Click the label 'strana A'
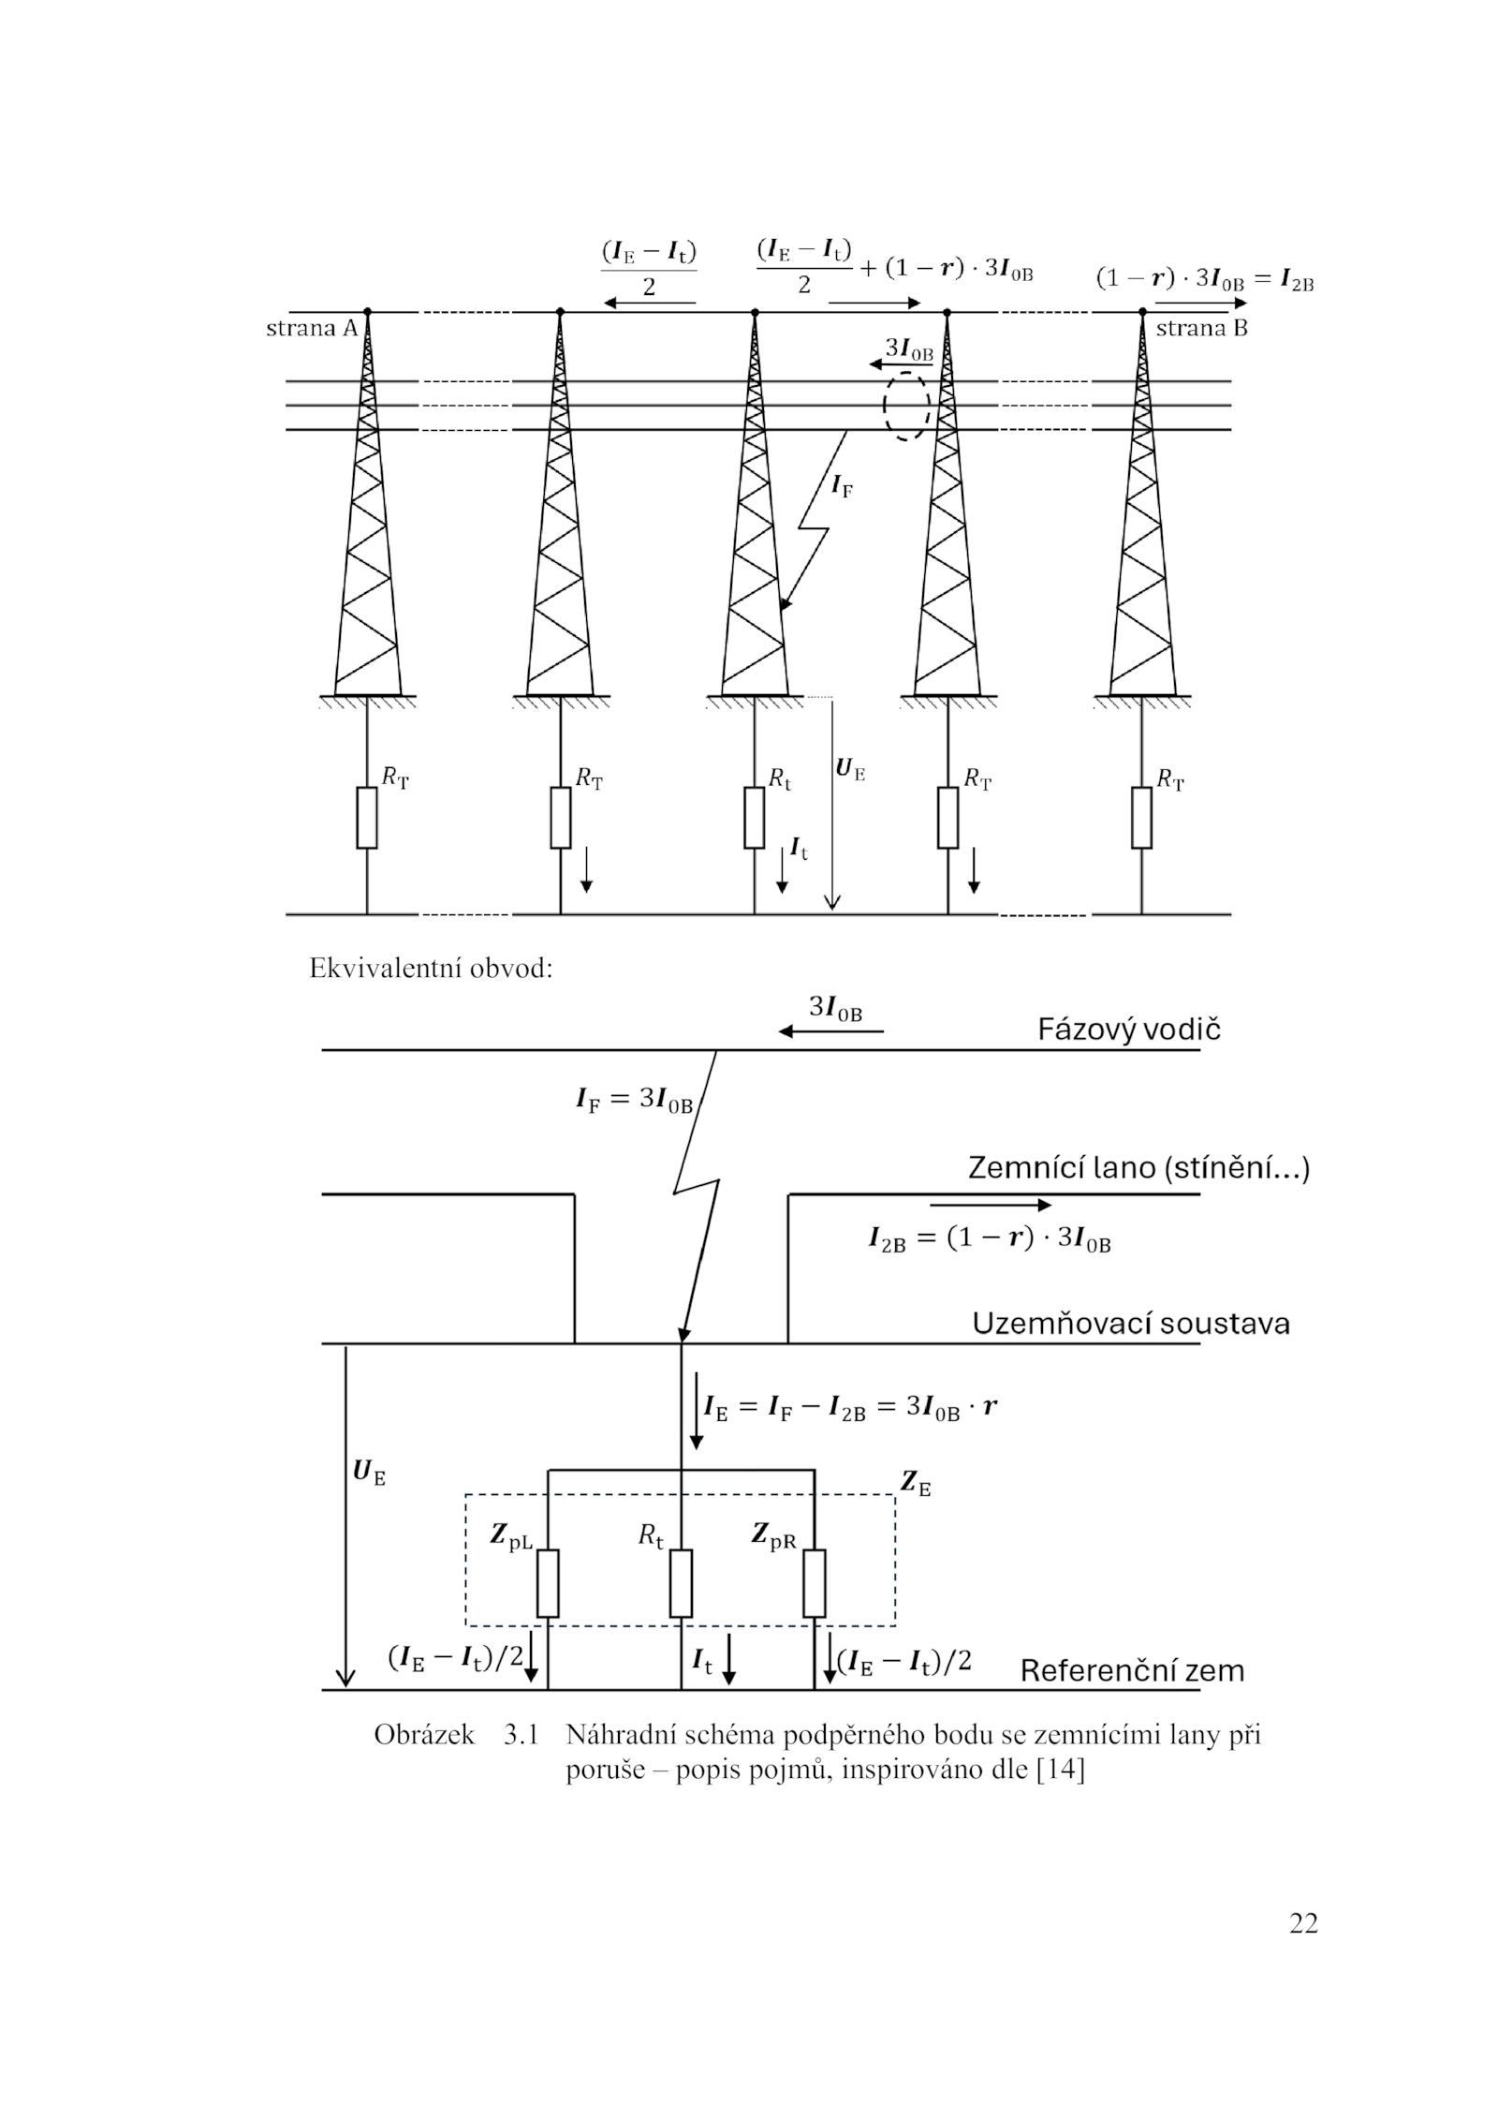tap(312, 329)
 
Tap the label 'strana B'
tap(1201, 329)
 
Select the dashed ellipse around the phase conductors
tap(905, 407)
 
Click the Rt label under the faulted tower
tap(779, 778)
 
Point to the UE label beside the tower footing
tap(849, 770)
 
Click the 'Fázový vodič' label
tap(1128, 1030)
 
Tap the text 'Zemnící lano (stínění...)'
tap(1138, 1169)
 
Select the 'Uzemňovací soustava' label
tap(1130, 1324)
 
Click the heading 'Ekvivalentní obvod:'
tap(431, 969)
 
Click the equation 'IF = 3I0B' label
tap(634, 1101)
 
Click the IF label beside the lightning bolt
tap(842, 486)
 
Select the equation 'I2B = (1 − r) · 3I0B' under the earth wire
tap(989, 1240)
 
